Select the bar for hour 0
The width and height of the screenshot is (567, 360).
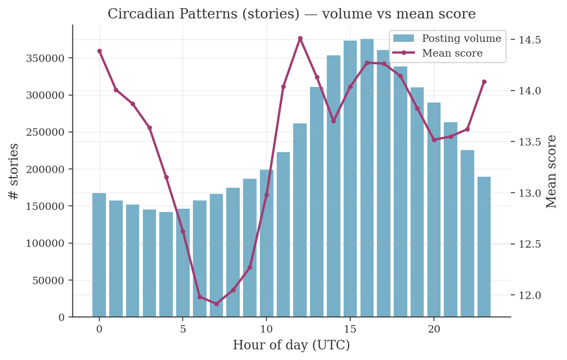(x=99, y=255)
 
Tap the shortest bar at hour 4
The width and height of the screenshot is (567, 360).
(x=166, y=265)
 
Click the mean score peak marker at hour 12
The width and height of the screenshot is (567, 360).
(x=300, y=38)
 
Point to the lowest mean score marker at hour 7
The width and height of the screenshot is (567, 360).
(x=216, y=304)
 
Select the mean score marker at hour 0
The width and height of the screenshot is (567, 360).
(x=99, y=51)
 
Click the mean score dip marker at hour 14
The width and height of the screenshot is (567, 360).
(x=334, y=121)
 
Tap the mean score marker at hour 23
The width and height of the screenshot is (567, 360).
(x=484, y=82)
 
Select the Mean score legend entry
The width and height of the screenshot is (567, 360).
(x=452, y=53)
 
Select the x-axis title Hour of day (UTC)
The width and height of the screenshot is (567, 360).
(x=291, y=345)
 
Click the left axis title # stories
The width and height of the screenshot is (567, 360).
(x=14, y=171)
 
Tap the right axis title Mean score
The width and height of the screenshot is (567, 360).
(x=551, y=171)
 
